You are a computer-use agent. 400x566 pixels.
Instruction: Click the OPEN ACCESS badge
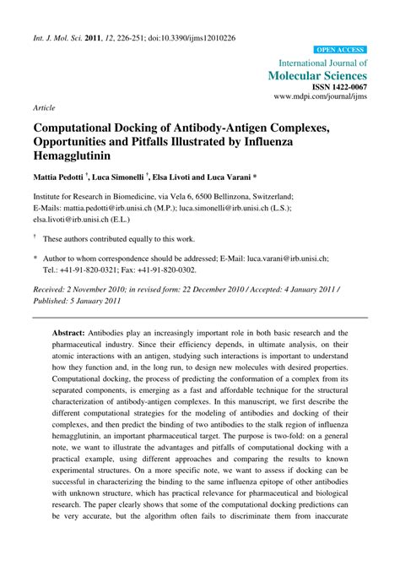click(x=340, y=50)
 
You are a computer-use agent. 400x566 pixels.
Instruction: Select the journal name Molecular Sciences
click(x=317, y=76)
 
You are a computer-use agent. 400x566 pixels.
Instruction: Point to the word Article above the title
click(x=44, y=109)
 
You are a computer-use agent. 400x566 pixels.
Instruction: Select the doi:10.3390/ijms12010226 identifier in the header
click(x=189, y=38)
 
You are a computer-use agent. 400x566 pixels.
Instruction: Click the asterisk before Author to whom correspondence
click(x=35, y=259)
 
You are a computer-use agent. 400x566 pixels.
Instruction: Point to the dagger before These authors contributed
click(x=35, y=238)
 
